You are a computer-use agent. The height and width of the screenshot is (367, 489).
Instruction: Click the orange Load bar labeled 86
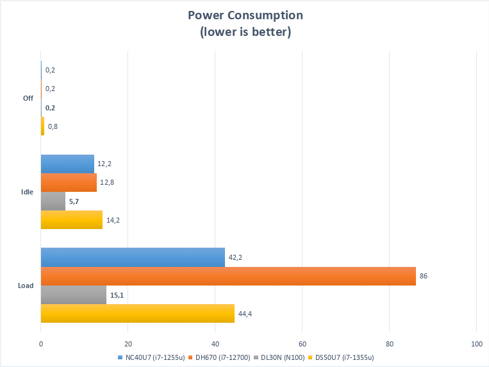coord(228,276)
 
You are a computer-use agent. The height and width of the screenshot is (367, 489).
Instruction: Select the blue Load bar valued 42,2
coord(133,257)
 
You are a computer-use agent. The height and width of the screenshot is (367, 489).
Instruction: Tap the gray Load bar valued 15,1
coord(74,295)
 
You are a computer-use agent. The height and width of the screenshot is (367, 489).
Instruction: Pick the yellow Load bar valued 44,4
coord(137,314)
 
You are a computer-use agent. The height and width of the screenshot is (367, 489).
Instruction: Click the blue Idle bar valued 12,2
coord(67,164)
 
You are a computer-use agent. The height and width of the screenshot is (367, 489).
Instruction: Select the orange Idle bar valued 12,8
coord(69,182)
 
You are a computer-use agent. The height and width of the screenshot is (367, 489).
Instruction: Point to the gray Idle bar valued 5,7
coord(53,201)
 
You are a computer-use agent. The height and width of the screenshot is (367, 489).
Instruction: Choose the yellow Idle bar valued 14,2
coord(72,220)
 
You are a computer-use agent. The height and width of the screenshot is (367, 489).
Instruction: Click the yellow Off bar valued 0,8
coord(42,126)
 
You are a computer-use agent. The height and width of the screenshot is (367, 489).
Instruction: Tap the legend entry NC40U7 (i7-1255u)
coord(149,357)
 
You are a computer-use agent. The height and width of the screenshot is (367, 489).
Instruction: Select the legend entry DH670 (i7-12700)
coord(219,357)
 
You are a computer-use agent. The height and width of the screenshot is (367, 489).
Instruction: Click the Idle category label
coord(28,192)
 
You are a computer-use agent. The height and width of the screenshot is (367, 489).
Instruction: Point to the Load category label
coord(26,286)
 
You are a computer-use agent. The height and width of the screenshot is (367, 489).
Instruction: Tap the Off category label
coord(28,98)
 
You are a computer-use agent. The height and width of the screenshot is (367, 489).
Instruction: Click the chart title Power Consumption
coord(245,15)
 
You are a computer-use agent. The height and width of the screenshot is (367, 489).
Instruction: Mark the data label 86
coord(424,276)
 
